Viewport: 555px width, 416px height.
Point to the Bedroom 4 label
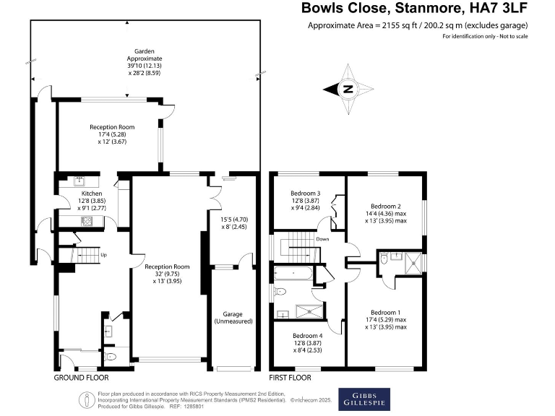point(306,336)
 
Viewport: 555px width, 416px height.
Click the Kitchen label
point(91,194)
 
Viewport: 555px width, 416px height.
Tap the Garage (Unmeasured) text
point(232,316)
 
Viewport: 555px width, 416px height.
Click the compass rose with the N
point(348,90)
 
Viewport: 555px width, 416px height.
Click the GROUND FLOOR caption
point(81,378)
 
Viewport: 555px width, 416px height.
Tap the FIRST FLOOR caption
point(291,378)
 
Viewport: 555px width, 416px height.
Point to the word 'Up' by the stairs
point(103,255)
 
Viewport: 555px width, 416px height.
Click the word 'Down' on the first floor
point(322,239)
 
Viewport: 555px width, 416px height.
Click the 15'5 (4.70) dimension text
point(234,219)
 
